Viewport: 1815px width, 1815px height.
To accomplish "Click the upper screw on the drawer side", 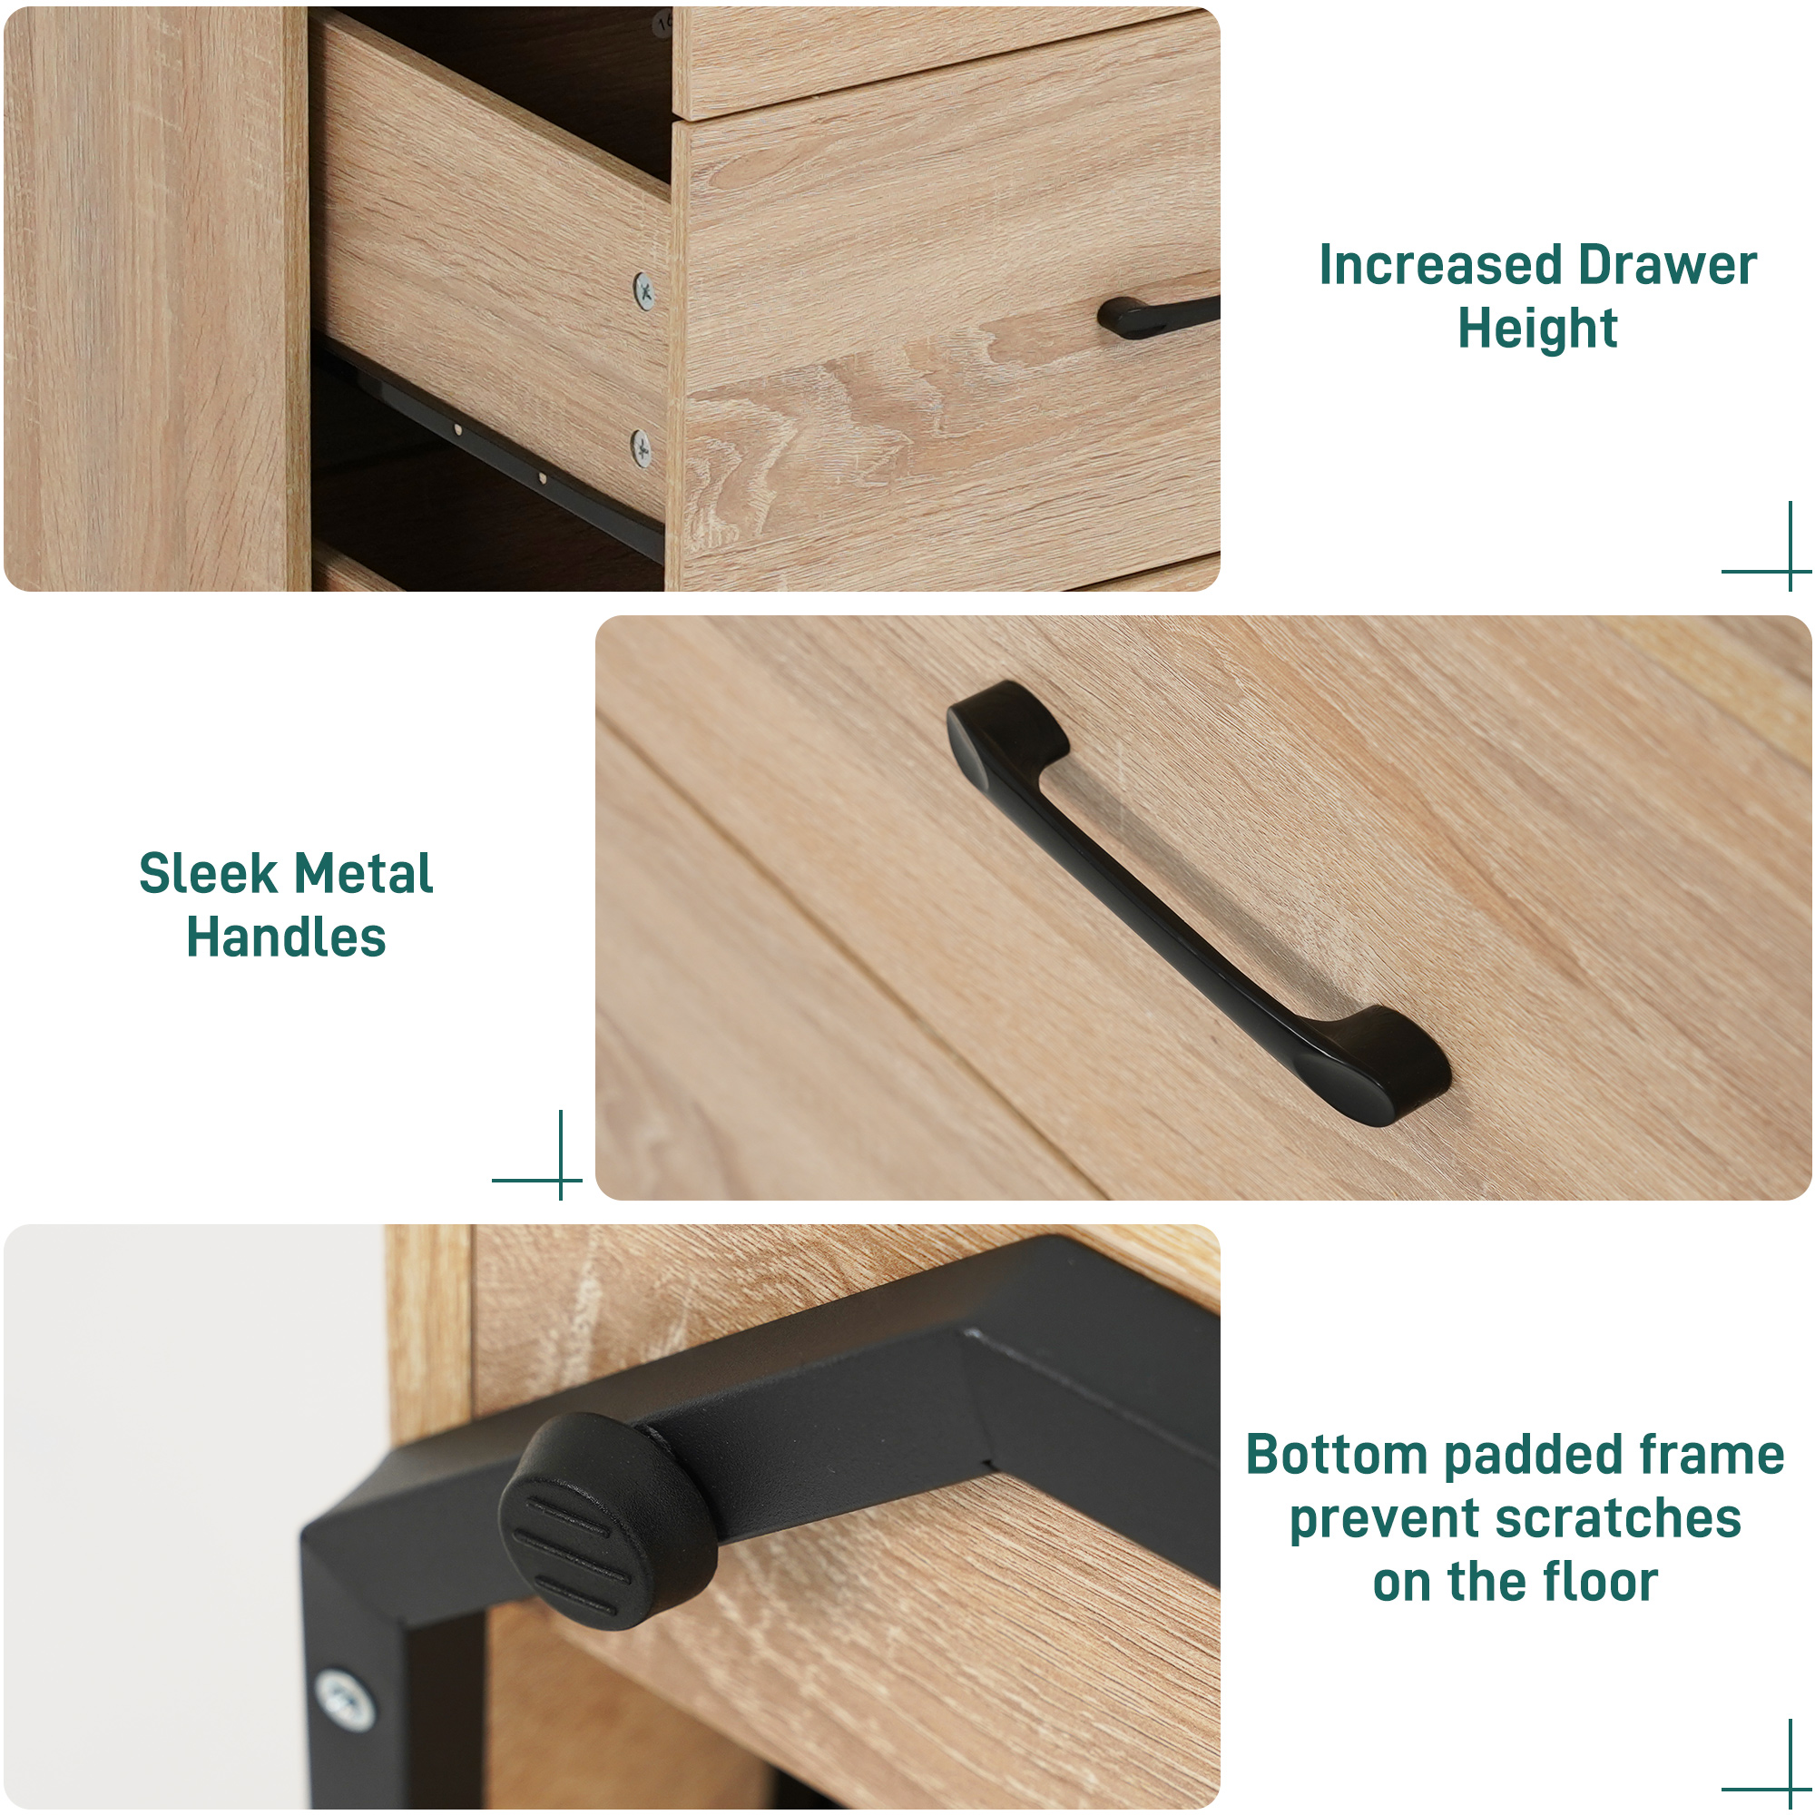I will [644, 290].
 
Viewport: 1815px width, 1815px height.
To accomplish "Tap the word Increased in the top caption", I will [1439, 266].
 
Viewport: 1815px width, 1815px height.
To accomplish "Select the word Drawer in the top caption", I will [1666, 266].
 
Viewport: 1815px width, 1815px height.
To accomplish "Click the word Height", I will [1537, 329].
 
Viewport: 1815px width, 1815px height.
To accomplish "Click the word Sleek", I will [208, 875].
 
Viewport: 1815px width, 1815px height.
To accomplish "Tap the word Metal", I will [362, 875].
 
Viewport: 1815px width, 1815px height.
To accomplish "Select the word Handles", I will [286, 937].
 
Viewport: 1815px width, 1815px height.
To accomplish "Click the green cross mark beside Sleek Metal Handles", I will [560, 1179].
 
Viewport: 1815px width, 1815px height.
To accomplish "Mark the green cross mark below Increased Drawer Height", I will [1790, 570].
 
